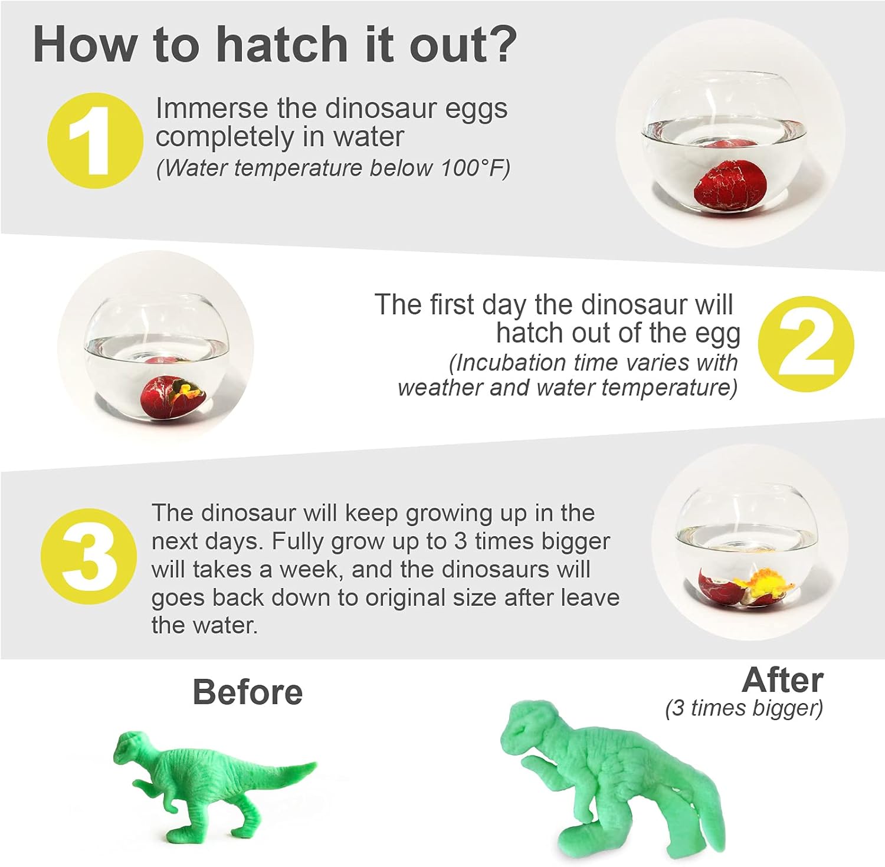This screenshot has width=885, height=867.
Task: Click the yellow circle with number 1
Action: pos(95,140)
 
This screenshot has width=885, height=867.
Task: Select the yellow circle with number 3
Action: pos(88,556)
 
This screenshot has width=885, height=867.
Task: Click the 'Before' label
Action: pos(247,692)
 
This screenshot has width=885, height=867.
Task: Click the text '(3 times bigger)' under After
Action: pos(744,708)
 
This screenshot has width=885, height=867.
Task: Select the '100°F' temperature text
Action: pos(476,168)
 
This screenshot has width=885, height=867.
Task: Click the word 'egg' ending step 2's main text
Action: pos(717,334)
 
